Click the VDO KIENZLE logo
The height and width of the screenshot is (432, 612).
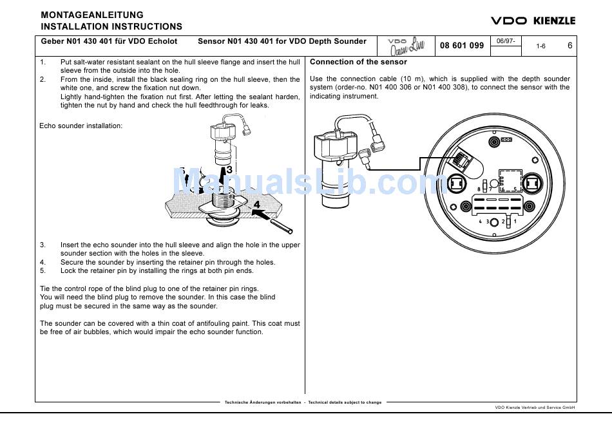(533, 21)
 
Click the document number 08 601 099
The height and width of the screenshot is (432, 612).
(462, 46)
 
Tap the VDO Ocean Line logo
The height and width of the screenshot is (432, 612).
(406, 45)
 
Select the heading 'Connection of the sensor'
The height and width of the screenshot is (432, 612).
(358, 62)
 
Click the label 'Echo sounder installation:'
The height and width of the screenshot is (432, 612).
(81, 126)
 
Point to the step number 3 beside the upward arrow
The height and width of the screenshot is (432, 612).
(229, 170)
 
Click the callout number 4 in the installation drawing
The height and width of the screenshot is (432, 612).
(256, 205)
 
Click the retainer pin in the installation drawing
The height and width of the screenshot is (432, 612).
(282, 226)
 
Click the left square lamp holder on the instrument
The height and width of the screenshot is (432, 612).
(457, 183)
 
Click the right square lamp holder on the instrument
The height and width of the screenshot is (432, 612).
(531, 183)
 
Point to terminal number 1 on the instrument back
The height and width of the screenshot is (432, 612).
(515, 221)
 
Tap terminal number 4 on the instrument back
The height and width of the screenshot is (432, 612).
(479, 221)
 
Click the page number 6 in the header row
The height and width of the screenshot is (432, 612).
(569, 46)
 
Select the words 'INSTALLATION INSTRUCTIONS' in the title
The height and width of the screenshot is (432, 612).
(111, 27)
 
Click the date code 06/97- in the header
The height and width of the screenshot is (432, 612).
(505, 41)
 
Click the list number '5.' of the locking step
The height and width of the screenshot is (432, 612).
(43, 271)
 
